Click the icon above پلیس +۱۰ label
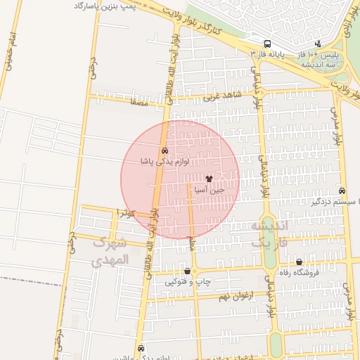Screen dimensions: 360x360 pyautogui.click(x=318, y=44)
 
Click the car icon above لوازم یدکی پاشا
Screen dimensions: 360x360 pyautogui.click(x=165, y=150)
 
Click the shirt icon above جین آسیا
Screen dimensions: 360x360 pyautogui.click(x=209, y=179)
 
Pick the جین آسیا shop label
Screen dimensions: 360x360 pyautogui.click(x=210, y=190)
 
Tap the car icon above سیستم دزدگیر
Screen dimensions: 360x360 pyautogui.click(x=342, y=191)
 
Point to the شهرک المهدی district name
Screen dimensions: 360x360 pyautogui.click(x=111, y=250)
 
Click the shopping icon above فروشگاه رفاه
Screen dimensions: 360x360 pyautogui.click(x=299, y=262)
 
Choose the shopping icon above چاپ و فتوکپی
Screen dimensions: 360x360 pyautogui.click(x=187, y=271)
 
